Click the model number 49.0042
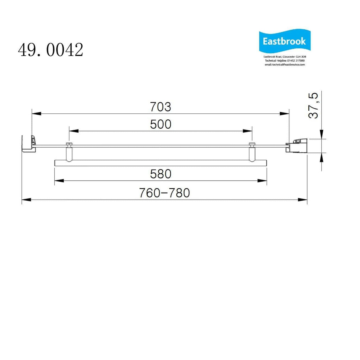50,50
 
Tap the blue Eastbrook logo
284,41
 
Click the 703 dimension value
160,107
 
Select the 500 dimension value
160,124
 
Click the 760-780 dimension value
164,193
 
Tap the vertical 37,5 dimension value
313,105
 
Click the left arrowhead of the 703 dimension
36,113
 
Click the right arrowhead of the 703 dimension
285,113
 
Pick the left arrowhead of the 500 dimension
74,131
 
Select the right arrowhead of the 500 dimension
248,131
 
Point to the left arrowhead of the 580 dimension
59,180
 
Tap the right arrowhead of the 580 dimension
262,180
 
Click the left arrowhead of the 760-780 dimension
26,200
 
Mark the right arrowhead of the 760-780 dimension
303,200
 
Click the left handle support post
69,153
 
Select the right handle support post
252,153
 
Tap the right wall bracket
297,145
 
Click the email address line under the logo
285,65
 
